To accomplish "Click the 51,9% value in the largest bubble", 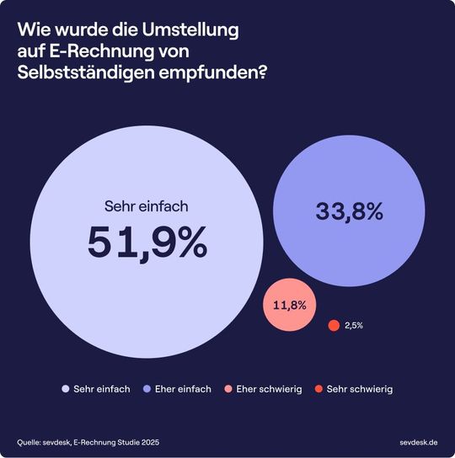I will pos(147,242).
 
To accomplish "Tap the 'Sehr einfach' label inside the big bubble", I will pos(147,205).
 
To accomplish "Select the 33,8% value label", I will pos(350,212).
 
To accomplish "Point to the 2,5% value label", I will pos(354,326).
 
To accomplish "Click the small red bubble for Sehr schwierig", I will pos(334,326).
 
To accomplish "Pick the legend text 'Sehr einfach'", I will pos(101,389).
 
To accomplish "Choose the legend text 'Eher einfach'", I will pos(181,389).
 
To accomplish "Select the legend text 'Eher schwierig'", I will pos(269,389).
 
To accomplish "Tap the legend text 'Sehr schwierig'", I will pos(360,389).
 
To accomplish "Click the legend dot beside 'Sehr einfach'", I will pos(66,389).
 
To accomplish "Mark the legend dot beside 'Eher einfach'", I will pos(147,389).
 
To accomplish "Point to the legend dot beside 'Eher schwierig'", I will pos(228,389).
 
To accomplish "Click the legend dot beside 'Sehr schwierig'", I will pos(318,389).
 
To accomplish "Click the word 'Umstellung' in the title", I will pos(192,30).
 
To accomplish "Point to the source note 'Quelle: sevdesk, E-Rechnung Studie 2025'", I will pos(88,441).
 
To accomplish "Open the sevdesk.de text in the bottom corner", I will pos(418,441).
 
